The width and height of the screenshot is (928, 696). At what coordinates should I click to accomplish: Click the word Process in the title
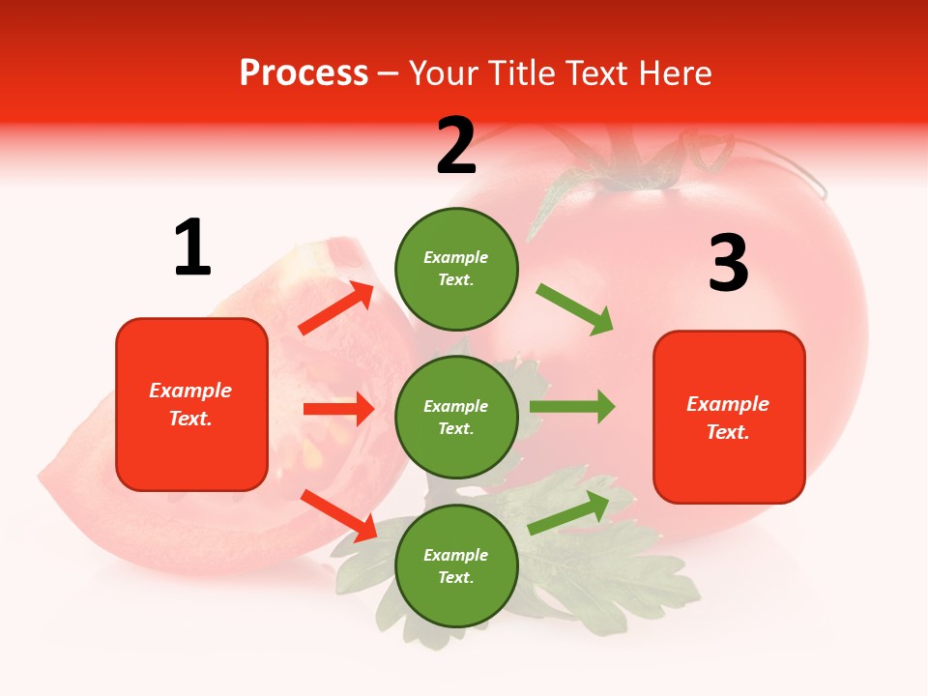point(304,73)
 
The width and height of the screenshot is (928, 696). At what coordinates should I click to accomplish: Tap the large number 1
point(192,247)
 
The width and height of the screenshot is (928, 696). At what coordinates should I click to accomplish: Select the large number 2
point(456,146)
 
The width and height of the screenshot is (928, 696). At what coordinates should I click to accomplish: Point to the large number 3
point(729,263)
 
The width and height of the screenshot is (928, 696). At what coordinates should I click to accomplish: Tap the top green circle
point(456,269)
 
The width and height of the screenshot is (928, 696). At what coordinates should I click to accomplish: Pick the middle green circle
point(456,418)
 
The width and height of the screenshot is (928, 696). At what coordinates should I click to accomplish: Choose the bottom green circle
point(456,566)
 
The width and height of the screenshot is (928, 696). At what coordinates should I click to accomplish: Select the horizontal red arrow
point(338,409)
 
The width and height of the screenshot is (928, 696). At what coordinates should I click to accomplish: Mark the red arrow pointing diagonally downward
point(338,515)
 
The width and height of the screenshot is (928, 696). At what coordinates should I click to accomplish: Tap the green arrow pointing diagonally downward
point(575,309)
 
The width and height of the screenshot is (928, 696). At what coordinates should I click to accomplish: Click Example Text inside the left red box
point(190,404)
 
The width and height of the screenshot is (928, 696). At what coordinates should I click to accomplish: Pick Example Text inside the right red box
point(728,418)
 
